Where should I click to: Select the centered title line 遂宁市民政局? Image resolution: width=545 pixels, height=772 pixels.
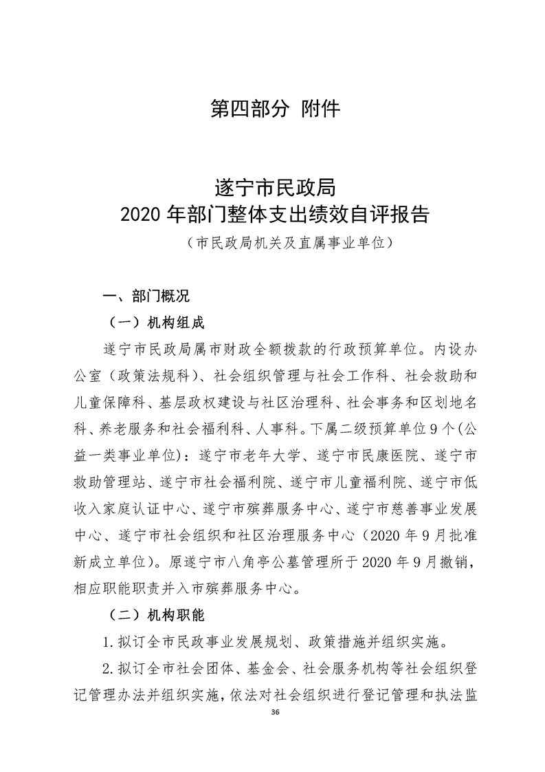[274, 187]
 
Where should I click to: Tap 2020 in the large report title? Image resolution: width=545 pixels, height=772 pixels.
[142, 215]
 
